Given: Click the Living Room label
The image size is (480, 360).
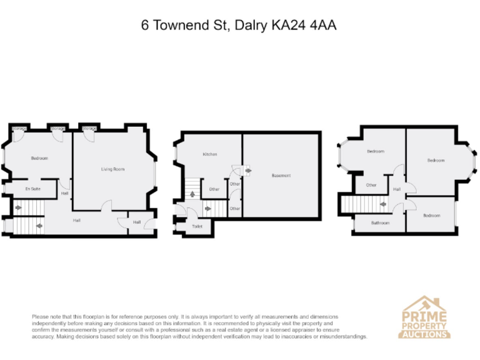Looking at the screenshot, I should tap(113, 169).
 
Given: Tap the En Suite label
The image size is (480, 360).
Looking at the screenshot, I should tap(32, 188).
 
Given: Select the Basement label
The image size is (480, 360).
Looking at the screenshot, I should tap(281, 176).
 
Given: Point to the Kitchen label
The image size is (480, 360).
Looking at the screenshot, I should tap(209, 154).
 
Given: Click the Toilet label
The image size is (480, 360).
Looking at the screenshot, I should tap(197, 226).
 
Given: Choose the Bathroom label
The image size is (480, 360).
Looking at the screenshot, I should tap(380, 222).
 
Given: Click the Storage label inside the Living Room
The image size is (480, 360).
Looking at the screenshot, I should tap(89, 129).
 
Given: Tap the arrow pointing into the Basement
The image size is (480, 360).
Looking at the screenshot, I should tap(248, 170).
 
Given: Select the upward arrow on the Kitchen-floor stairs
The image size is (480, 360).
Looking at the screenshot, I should tap(191, 194).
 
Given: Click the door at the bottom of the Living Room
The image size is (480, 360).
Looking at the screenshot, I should tap(107, 208).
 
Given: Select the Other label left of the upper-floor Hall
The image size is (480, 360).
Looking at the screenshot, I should tap(371, 185).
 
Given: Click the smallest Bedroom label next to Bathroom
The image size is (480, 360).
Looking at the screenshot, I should tap(431, 216).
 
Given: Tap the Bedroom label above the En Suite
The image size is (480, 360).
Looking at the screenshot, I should tap(39, 158).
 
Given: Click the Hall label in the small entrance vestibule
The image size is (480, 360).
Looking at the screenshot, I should tap(136, 222).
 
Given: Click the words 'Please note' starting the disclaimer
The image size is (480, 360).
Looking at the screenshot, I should tap(46, 317).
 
